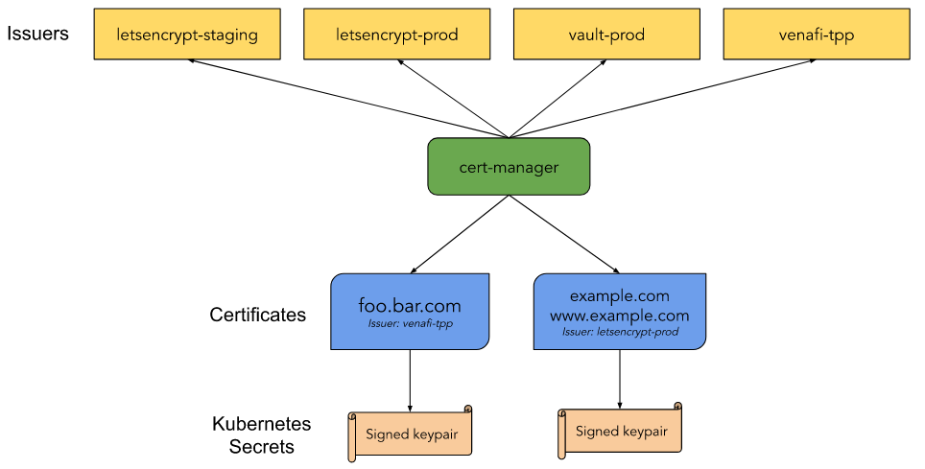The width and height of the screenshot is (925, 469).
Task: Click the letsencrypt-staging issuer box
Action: tap(187, 35)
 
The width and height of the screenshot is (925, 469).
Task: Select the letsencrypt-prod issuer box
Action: tap(397, 35)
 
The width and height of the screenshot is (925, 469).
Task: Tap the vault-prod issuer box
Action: tap(606, 35)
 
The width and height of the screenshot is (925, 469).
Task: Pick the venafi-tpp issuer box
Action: tap(817, 35)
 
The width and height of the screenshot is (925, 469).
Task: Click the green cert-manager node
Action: tap(509, 167)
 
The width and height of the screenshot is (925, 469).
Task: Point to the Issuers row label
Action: tap(38, 34)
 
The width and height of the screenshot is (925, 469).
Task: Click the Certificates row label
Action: tap(257, 315)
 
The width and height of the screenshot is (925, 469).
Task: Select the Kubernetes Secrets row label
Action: tap(252, 434)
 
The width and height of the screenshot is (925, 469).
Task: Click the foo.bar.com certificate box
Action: tap(410, 307)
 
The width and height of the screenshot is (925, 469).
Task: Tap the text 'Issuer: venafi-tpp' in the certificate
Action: tap(410, 325)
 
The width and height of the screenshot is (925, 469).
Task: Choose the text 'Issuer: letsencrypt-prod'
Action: tap(619, 331)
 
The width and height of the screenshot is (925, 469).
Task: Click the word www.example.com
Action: tap(619, 315)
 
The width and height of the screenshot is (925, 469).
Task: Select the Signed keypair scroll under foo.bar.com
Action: tap(411, 434)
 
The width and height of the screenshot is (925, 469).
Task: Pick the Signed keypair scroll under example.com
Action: tap(620, 432)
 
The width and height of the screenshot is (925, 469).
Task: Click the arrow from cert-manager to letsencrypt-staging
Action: tap(345, 98)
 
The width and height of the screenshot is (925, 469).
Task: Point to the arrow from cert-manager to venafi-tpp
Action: tap(662, 98)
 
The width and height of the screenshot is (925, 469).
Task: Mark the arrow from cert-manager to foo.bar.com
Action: tap(461, 234)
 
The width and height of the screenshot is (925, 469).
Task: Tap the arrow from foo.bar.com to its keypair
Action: tap(411, 379)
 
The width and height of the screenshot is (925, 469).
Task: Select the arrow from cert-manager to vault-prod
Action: tap(557, 99)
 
